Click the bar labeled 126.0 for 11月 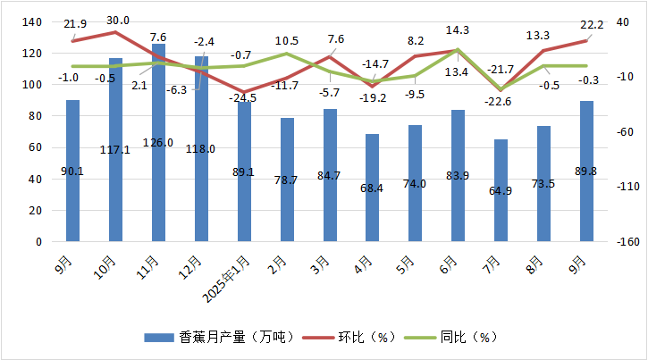tap(158, 143)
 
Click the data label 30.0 tap(117, 21)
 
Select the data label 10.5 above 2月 tap(287, 41)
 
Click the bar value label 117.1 tap(116, 150)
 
